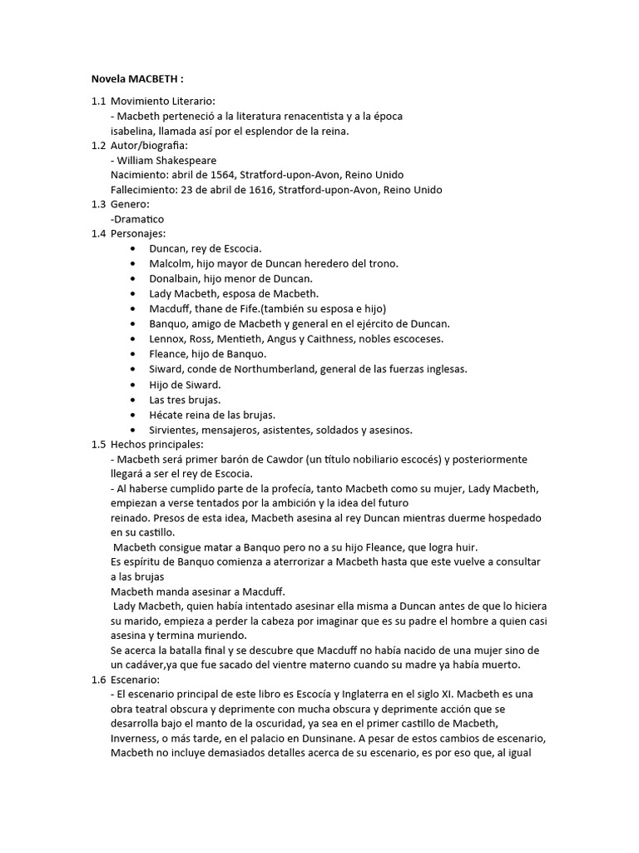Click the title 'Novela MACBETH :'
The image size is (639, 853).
click(136, 80)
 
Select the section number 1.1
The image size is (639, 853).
click(98, 101)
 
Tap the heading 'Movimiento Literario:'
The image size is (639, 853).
click(163, 101)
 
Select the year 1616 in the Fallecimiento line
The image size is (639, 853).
click(260, 190)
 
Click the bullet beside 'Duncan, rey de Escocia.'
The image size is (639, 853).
click(135, 249)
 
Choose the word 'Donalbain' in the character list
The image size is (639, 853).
click(173, 278)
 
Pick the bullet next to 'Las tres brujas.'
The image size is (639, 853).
click(135, 400)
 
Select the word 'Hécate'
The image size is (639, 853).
click(166, 415)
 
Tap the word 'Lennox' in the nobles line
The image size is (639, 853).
click(166, 339)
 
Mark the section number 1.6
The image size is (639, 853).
click(98, 680)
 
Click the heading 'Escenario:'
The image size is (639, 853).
click(135, 680)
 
